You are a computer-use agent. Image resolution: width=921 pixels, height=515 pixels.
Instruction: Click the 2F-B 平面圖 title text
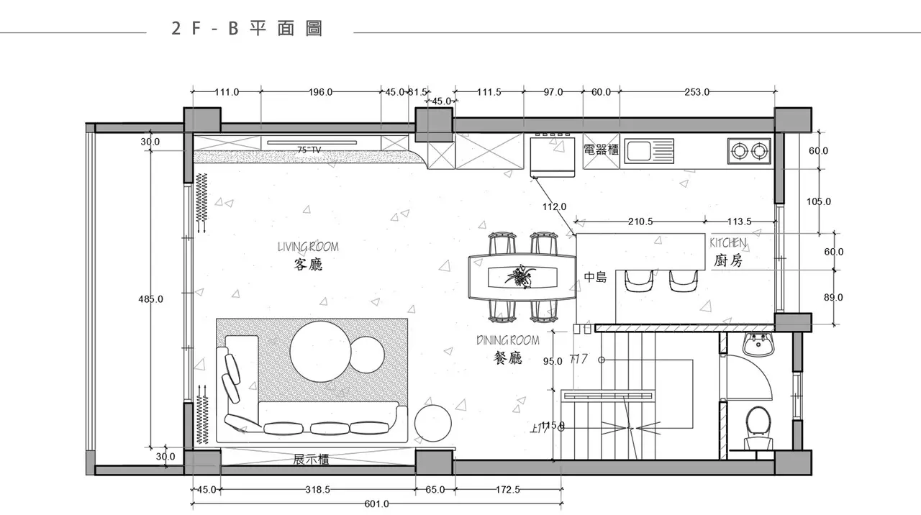[247, 29]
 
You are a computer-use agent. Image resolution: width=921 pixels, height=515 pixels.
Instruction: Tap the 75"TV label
[309, 150]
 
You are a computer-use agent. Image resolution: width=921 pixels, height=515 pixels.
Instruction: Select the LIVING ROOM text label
[308, 247]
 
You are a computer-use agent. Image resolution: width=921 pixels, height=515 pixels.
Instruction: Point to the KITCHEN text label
[727, 243]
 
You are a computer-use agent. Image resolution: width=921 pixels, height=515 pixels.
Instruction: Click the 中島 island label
[595, 276]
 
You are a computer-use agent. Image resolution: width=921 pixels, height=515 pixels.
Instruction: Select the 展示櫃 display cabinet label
[311, 460]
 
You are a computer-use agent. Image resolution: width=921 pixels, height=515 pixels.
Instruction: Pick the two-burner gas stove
[748, 150]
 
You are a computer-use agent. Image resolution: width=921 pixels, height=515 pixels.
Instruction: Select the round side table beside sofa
[433, 424]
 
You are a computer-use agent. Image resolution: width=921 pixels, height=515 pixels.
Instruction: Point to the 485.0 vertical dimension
[150, 298]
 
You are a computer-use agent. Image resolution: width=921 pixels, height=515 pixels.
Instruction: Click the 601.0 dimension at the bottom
[376, 504]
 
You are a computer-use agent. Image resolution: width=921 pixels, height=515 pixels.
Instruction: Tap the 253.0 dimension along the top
[697, 92]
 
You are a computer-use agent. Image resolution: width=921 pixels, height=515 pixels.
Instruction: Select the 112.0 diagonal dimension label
[554, 207]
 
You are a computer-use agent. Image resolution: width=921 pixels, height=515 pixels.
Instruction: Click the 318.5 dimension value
[317, 489]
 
